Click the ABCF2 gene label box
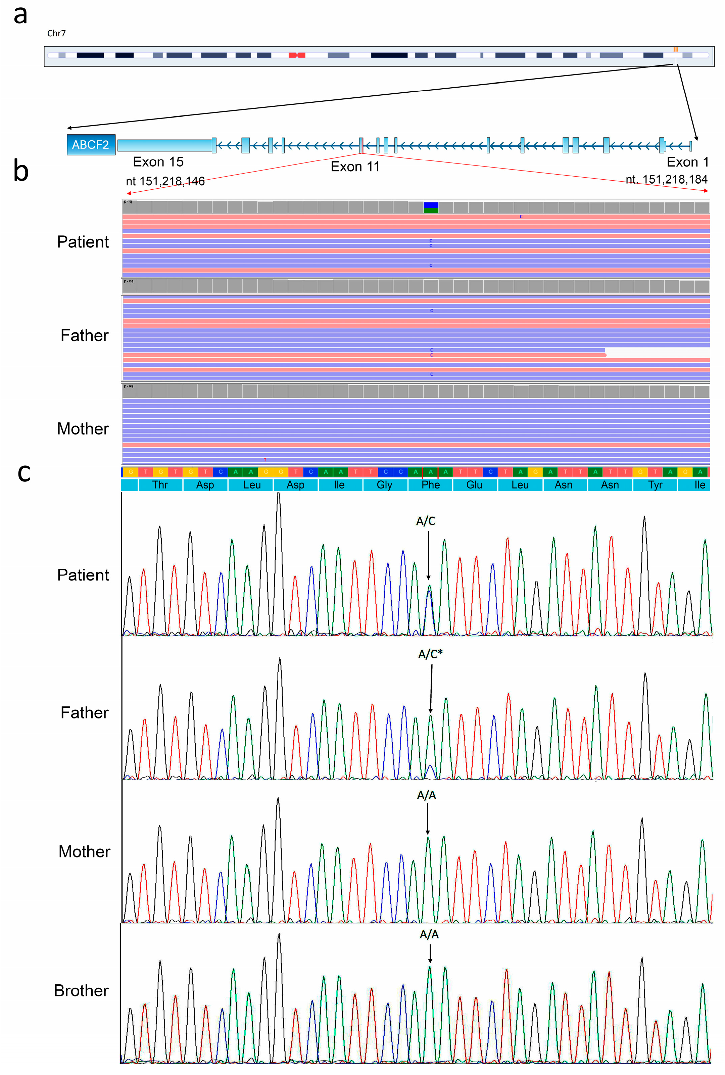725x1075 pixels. (x=91, y=145)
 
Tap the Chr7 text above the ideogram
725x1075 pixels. (x=56, y=33)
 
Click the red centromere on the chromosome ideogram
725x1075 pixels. (x=297, y=55)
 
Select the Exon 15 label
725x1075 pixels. (x=158, y=162)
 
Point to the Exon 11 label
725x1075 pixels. (x=355, y=167)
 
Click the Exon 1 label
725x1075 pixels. (x=687, y=162)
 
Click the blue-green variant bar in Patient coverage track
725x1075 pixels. (x=431, y=207)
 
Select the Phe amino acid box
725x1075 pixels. (x=430, y=484)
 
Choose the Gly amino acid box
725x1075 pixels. (x=385, y=484)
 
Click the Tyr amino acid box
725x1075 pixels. (x=655, y=484)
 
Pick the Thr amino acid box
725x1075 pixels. (x=160, y=484)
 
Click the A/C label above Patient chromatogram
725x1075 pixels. (x=425, y=521)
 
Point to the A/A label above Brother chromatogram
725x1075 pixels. (x=429, y=934)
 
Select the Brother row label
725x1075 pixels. (x=81, y=990)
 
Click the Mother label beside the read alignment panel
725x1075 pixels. (x=83, y=429)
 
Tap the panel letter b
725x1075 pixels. (x=21, y=171)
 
